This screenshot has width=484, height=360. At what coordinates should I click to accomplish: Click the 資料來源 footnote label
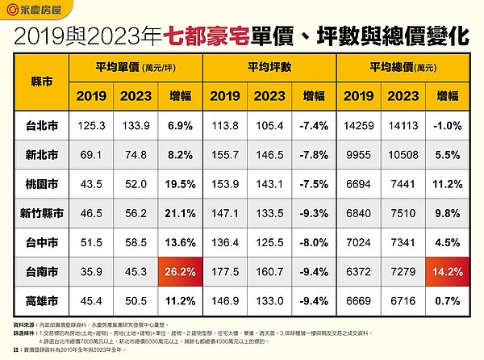point(27,321)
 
